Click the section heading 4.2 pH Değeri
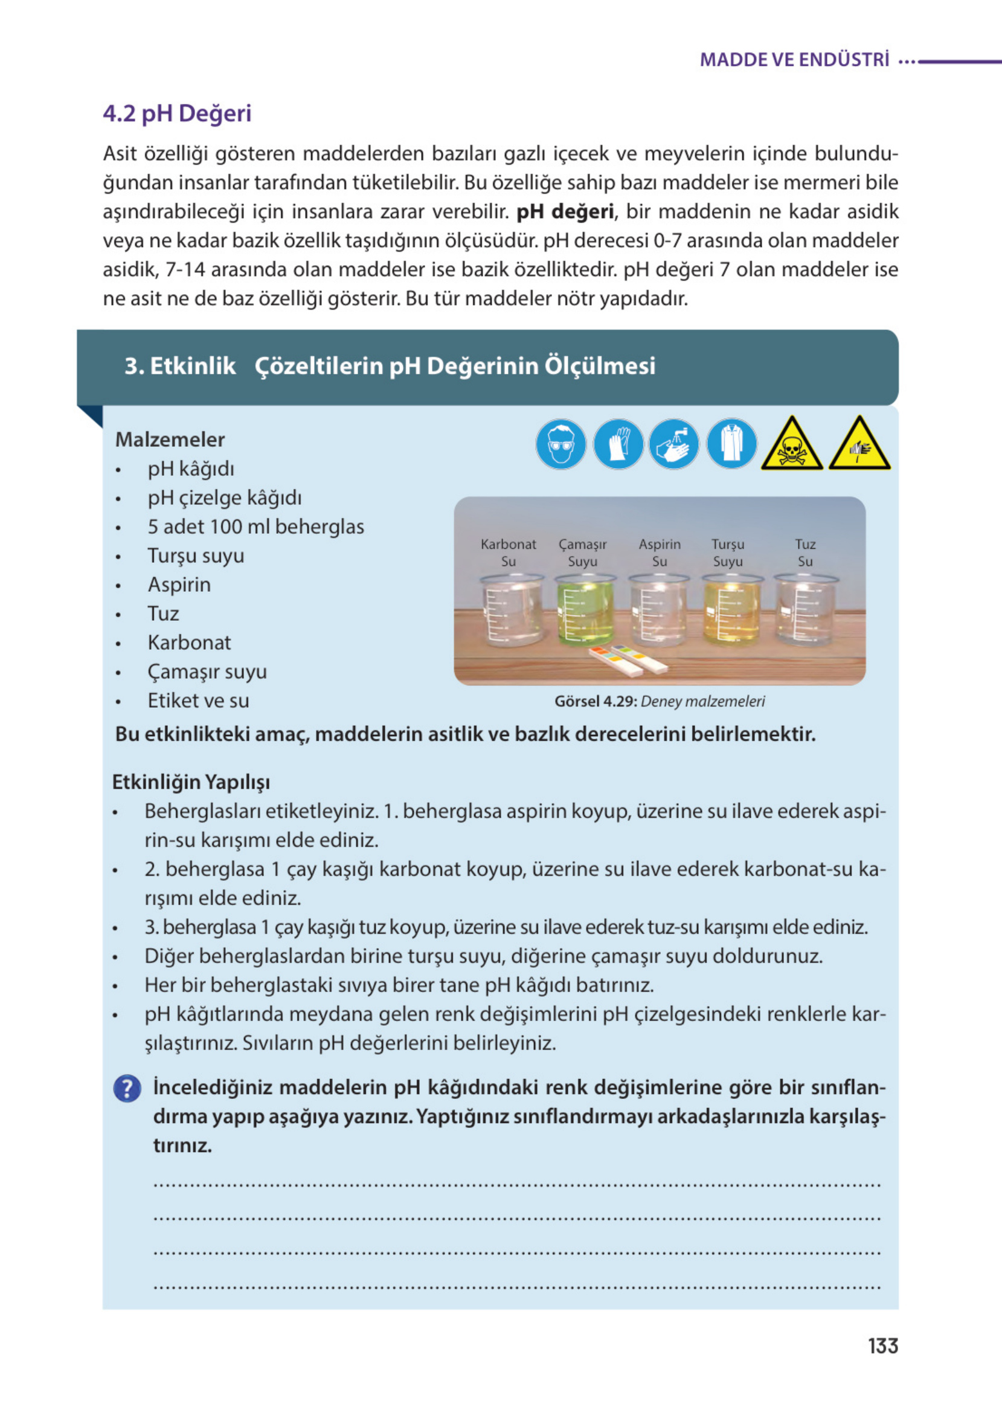pos(177,114)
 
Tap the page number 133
pos(882,1345)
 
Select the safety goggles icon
pos(560,443)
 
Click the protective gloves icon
pos(618,443)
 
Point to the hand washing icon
pos(674,443)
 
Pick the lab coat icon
pos(731,443)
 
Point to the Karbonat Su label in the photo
pos(508,552)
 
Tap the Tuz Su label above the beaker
pos(804,552)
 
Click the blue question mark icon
pos(127,1088)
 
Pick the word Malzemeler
pos(170,439)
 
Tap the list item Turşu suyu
pos(196,555)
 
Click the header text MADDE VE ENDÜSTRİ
pos(794,60)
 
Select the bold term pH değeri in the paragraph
pos(565,211)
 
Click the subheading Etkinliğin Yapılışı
pos(191,781)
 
